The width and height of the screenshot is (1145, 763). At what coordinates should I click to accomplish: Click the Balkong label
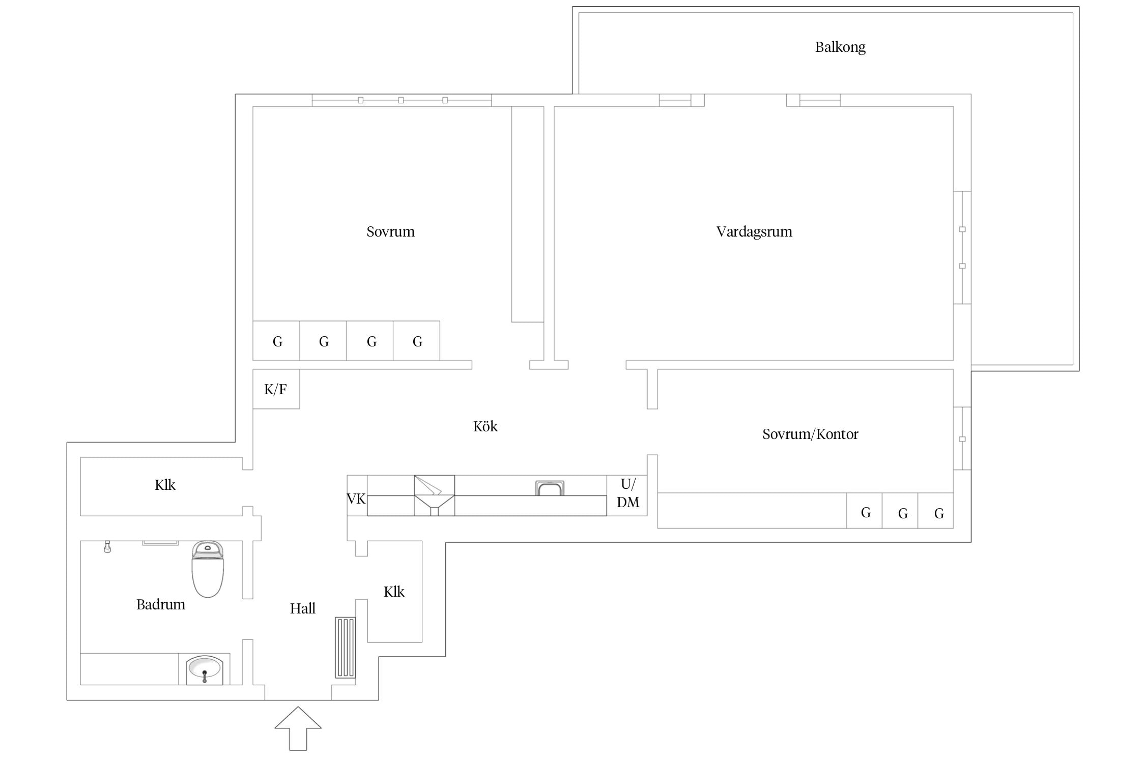point(840,47)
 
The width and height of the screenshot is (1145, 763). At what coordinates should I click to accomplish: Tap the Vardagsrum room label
point(754,232)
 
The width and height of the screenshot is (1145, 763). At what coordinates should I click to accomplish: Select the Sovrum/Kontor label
point(810,434)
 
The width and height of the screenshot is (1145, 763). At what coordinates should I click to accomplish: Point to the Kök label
point(485,426)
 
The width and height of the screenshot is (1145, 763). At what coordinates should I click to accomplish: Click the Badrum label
point(161,604)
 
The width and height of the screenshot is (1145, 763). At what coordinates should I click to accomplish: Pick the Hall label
point(303,608)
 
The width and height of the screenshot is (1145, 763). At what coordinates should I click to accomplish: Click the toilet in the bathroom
point(208,569)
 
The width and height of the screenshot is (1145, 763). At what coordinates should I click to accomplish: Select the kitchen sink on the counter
point(550,488)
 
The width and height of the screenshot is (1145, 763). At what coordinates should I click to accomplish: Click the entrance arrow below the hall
point(298,728)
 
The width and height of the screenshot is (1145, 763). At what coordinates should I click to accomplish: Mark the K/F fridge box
point(276,389)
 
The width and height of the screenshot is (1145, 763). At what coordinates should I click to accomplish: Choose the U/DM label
point(628,493)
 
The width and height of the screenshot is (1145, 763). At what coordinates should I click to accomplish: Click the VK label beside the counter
point(356,498)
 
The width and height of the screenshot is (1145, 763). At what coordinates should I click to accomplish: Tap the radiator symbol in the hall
point(345,648)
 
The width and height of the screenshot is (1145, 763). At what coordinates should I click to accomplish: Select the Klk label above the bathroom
point(165,485)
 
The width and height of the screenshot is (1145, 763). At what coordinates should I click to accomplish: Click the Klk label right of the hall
point(394,592)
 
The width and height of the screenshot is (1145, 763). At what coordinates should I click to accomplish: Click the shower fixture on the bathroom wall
point(107,547)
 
